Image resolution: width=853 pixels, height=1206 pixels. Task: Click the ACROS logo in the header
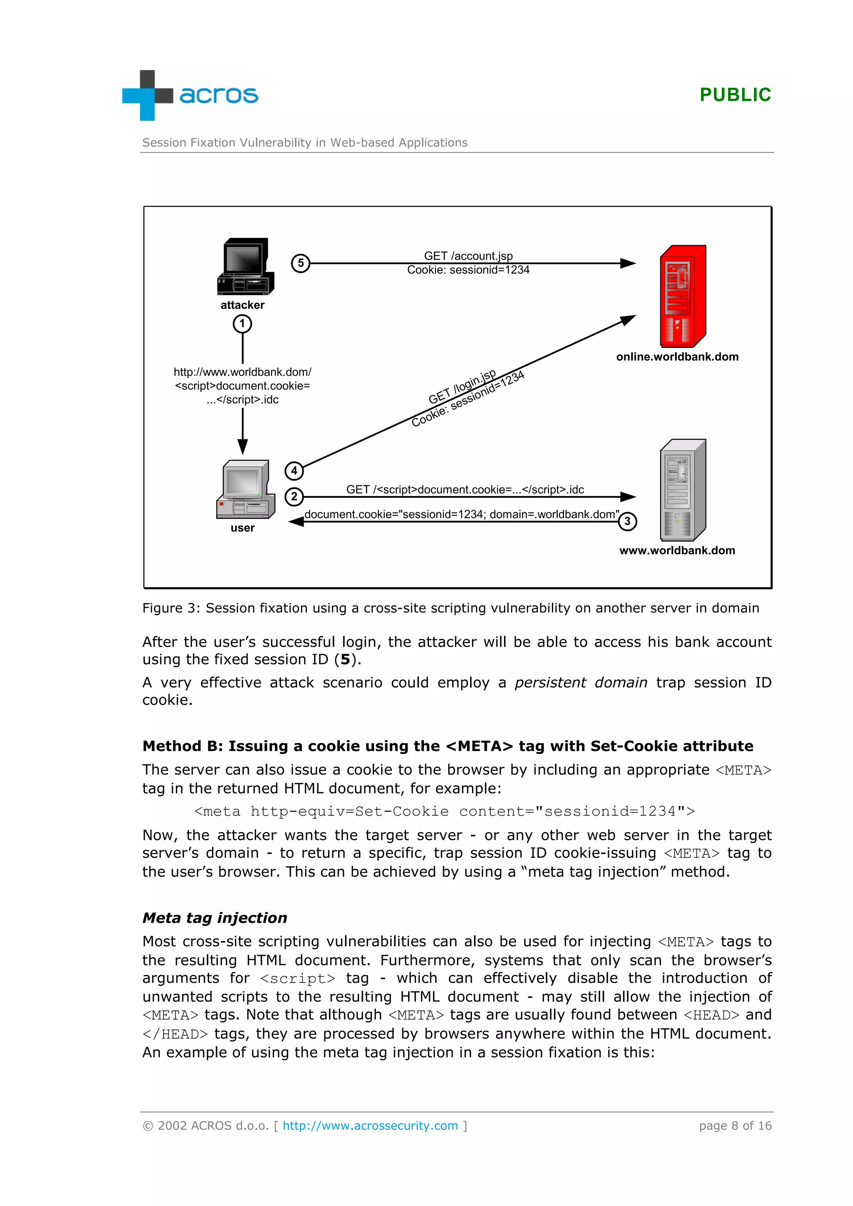click(x=190, y=95)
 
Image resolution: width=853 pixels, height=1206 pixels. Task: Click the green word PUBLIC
click(x=735, y=95)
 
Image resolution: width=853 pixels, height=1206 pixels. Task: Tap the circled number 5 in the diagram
click(x=301, y=263)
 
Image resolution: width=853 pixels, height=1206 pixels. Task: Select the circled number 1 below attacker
click(x=242, y=324)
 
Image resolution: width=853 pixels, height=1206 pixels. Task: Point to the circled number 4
click(x=294, y=471)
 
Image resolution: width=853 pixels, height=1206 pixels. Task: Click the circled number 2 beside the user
click(x=294, y=496)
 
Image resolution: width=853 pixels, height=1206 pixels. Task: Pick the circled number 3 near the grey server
click(x=627, y=521)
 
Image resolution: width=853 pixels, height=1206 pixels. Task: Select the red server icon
click(x=682, y=296)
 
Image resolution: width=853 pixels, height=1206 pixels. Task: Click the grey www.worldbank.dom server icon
click(x=682, y=490)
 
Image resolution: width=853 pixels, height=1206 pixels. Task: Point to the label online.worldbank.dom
click(x=677, y=357)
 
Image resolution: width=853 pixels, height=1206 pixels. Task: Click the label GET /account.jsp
click(x=468, y=256)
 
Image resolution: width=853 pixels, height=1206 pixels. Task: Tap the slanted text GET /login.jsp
click(x=461, y=387)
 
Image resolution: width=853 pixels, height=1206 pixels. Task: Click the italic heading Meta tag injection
click(x=215, y=918)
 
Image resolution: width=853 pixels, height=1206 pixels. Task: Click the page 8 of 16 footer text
click(x=735, y=1126)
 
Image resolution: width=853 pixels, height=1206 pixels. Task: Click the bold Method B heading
click(x=448, y=747)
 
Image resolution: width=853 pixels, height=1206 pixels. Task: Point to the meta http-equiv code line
click(x=444, y=811)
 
